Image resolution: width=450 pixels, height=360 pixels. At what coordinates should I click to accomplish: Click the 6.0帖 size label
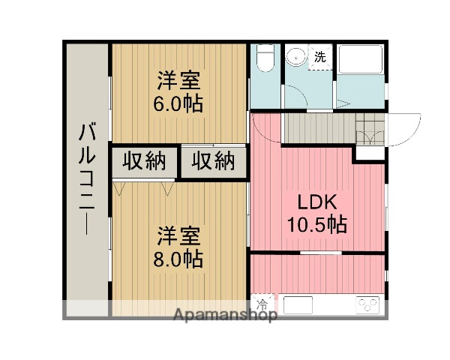coord(178,103)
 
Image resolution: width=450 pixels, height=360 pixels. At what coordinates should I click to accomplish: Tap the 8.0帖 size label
coord(178,260)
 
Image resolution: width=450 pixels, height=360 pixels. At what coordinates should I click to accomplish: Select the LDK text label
coord(316,202)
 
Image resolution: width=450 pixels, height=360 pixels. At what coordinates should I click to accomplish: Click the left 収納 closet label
coord(144,162)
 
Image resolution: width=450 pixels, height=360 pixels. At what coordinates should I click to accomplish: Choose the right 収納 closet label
coord(212,162)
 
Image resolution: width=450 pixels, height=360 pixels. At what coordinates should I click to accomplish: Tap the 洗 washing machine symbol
coord(320,56)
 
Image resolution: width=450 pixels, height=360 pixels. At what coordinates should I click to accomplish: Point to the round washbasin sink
coord(295,57)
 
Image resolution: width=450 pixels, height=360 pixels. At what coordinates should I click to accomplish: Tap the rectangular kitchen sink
coord(298,304)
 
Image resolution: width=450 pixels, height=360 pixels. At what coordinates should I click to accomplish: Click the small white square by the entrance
coord(367,151)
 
